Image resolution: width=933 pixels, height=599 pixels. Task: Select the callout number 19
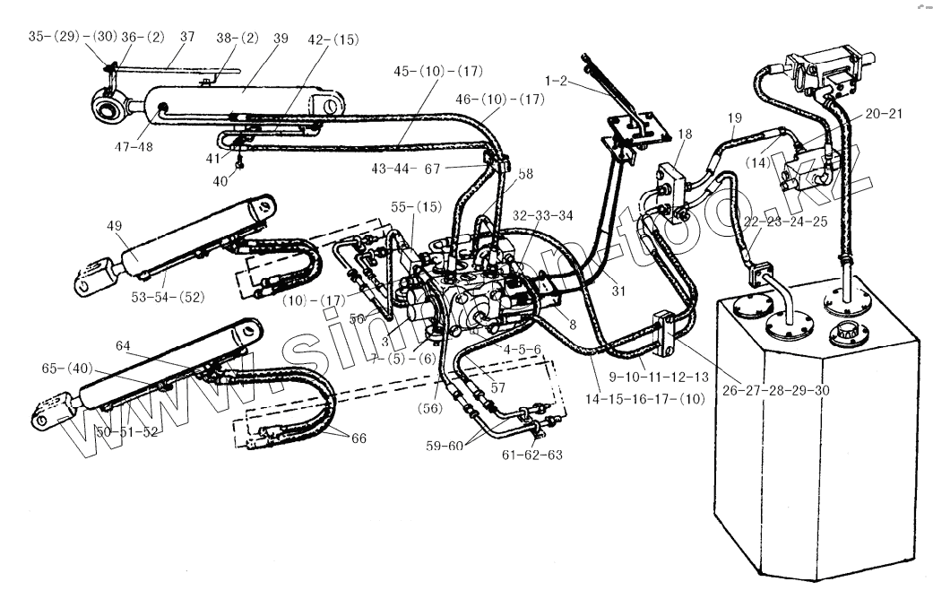pyautogui.click(x=734, y=117)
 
